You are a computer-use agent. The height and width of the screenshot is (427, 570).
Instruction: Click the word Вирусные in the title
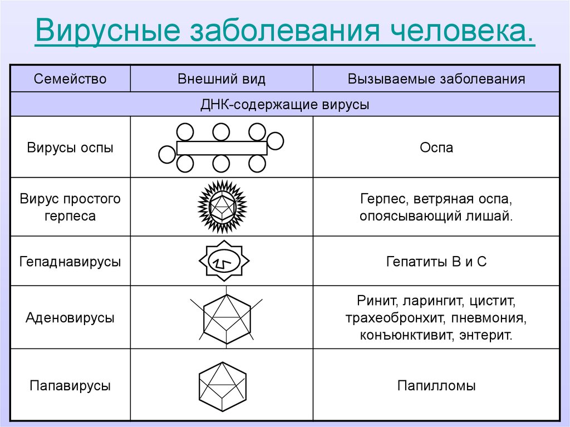tap(108, 30)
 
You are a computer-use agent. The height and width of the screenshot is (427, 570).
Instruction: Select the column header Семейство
tap(70, 79)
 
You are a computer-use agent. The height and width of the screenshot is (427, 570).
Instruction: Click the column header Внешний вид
tap(222, 79)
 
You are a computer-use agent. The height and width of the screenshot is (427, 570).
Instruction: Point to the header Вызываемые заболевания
tap(436, 79)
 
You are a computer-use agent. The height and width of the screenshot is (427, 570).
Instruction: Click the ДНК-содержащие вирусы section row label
tap(284, 105)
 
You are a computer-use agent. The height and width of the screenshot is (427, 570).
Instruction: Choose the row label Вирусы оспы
tap(70, 148)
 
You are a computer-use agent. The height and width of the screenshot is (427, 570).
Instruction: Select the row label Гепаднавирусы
tap(70, 262)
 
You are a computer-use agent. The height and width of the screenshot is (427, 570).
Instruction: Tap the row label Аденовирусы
tap(70, 317)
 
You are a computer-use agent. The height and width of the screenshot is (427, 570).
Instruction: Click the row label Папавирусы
tap(70, 386)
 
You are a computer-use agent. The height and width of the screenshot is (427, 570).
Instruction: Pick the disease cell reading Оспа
tap(436, 148)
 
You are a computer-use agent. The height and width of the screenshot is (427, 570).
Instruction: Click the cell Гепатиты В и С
tap(436, 262)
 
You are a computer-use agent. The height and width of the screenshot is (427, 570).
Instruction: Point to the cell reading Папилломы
tap(436, 386)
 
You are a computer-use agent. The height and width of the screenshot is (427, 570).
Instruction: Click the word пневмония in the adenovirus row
tap(489, 318)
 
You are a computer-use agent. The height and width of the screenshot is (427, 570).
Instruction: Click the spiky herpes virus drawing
tap(223, 207)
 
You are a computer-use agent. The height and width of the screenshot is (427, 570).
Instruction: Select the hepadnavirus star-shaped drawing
tap(224, 261)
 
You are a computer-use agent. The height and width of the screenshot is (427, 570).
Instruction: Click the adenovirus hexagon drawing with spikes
tap(227, 317)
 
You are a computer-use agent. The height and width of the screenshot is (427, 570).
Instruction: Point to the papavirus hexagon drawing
tap(223, 386)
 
